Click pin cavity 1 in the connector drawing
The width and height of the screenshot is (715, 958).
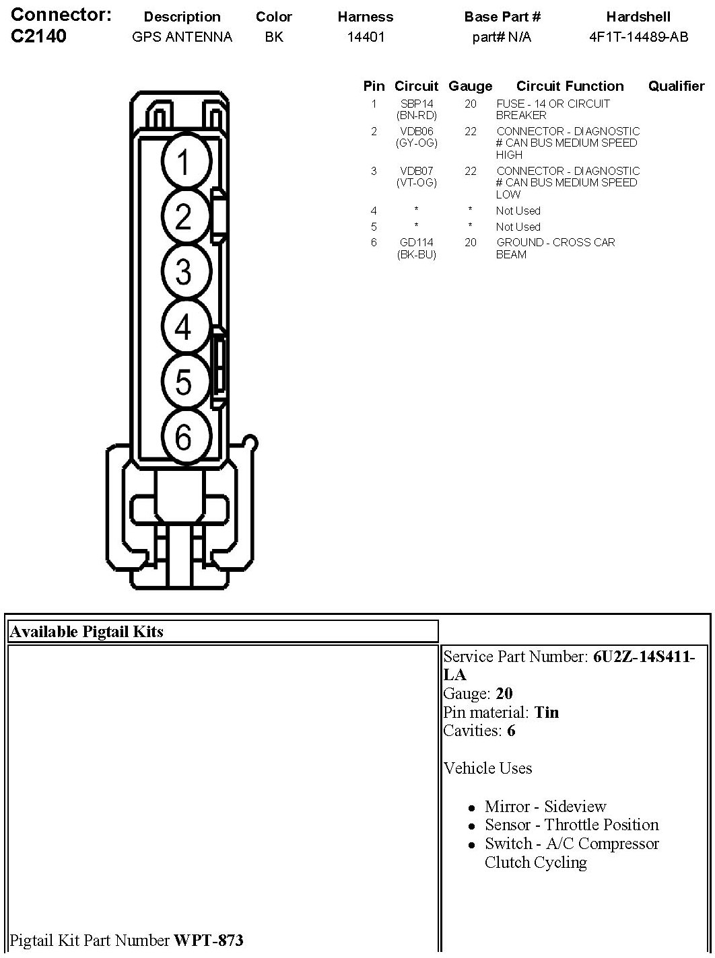click(186, 161)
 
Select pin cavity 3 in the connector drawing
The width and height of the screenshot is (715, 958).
click(186, 270)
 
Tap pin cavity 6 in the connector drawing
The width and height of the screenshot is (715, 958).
click(186, 435)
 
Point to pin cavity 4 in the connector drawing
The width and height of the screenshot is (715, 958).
click(186, 326)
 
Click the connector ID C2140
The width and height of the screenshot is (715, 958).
click(38, 36)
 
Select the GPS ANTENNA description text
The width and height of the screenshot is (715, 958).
click(182, 36)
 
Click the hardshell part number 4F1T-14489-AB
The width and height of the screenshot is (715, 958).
click(638, 36)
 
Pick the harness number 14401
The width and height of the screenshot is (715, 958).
click(366, 36)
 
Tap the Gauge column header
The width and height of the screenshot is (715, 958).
click(471, 86)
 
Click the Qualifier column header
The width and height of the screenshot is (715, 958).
click(676, 86)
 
